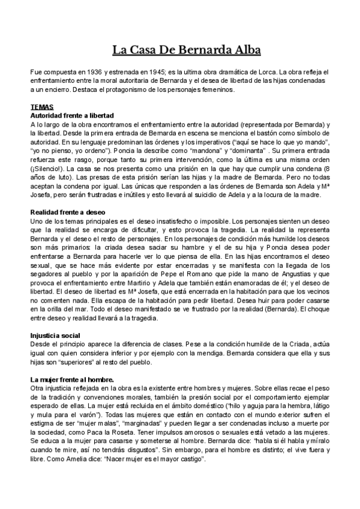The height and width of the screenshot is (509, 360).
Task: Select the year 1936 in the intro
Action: coord(94,71)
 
